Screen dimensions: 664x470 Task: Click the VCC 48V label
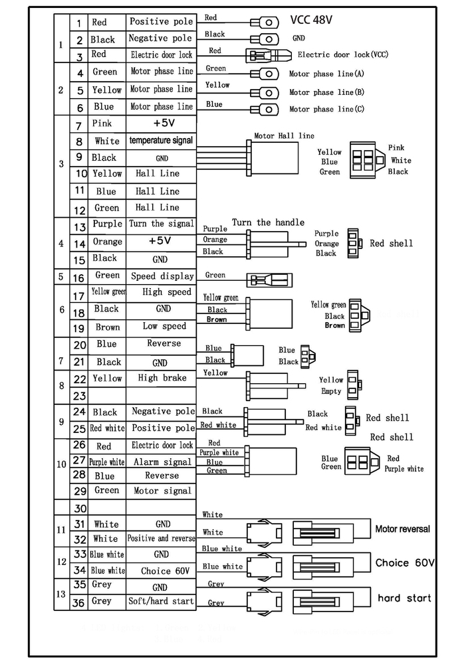point(311,20)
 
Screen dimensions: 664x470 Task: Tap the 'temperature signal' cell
point(161,141)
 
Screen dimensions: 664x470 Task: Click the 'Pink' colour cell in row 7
point(102,124)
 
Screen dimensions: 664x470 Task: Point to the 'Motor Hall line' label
point(284,136)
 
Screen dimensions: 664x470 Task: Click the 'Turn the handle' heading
point(268,222)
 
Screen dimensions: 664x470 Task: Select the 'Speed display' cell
point(162,276)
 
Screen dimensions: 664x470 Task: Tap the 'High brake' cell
point(162,378)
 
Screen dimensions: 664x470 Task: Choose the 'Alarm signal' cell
point(162,462)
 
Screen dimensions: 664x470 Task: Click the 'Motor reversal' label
point(402,529)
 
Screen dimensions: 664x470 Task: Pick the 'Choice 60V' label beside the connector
point(404,563)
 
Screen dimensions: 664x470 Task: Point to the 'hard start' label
point(404,598)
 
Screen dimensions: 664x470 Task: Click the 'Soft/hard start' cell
point(161,602)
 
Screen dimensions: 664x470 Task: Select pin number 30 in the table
point(80,509)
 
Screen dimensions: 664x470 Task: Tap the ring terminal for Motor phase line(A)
point(266,74)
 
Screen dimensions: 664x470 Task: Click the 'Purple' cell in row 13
point(107,224)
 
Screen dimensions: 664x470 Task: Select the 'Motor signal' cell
point(162,491)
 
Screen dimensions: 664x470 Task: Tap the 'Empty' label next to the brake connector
point(331,392)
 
